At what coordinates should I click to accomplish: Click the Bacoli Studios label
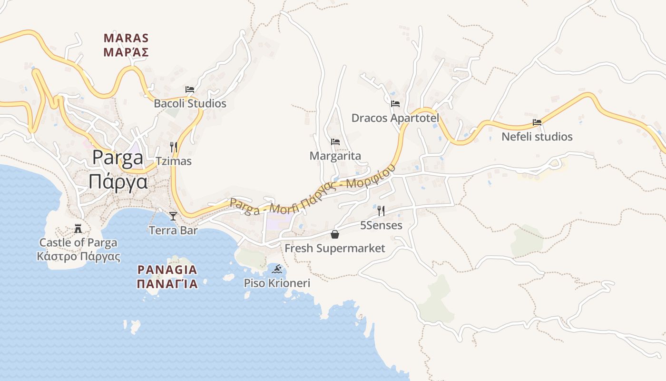(x=190, y=103)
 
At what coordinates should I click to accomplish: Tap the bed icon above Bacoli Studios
(x=190, y=90)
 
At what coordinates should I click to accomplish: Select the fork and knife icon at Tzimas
(x=174, y=147)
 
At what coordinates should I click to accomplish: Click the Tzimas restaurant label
(x=174, y=161)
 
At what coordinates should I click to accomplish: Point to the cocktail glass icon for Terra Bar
(x=173, y=216)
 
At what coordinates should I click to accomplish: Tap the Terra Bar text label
(x=173, y=231)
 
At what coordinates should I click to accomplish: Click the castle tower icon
(x=78, y=229)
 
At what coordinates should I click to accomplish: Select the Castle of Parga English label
(x=78, y=242)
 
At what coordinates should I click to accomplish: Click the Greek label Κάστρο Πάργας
(x=78, y=257)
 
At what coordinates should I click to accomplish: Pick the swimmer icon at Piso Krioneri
(x=277, y=270)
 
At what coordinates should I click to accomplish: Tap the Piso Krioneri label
(x=277, y=283)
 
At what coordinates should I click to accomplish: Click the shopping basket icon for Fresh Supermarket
(x=335, y=234)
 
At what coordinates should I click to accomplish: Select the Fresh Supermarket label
(x=335, y=248)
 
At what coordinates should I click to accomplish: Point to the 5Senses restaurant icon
(x=381, y=211)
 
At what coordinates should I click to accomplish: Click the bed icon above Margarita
(x=335, y=142)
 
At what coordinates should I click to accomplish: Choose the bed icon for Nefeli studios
(x=537, y=122)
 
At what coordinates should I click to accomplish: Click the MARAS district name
(x=126, y=38)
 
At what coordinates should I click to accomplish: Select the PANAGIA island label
(x=167, y=270)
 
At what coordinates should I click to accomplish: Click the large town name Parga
(x=118, y=158)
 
